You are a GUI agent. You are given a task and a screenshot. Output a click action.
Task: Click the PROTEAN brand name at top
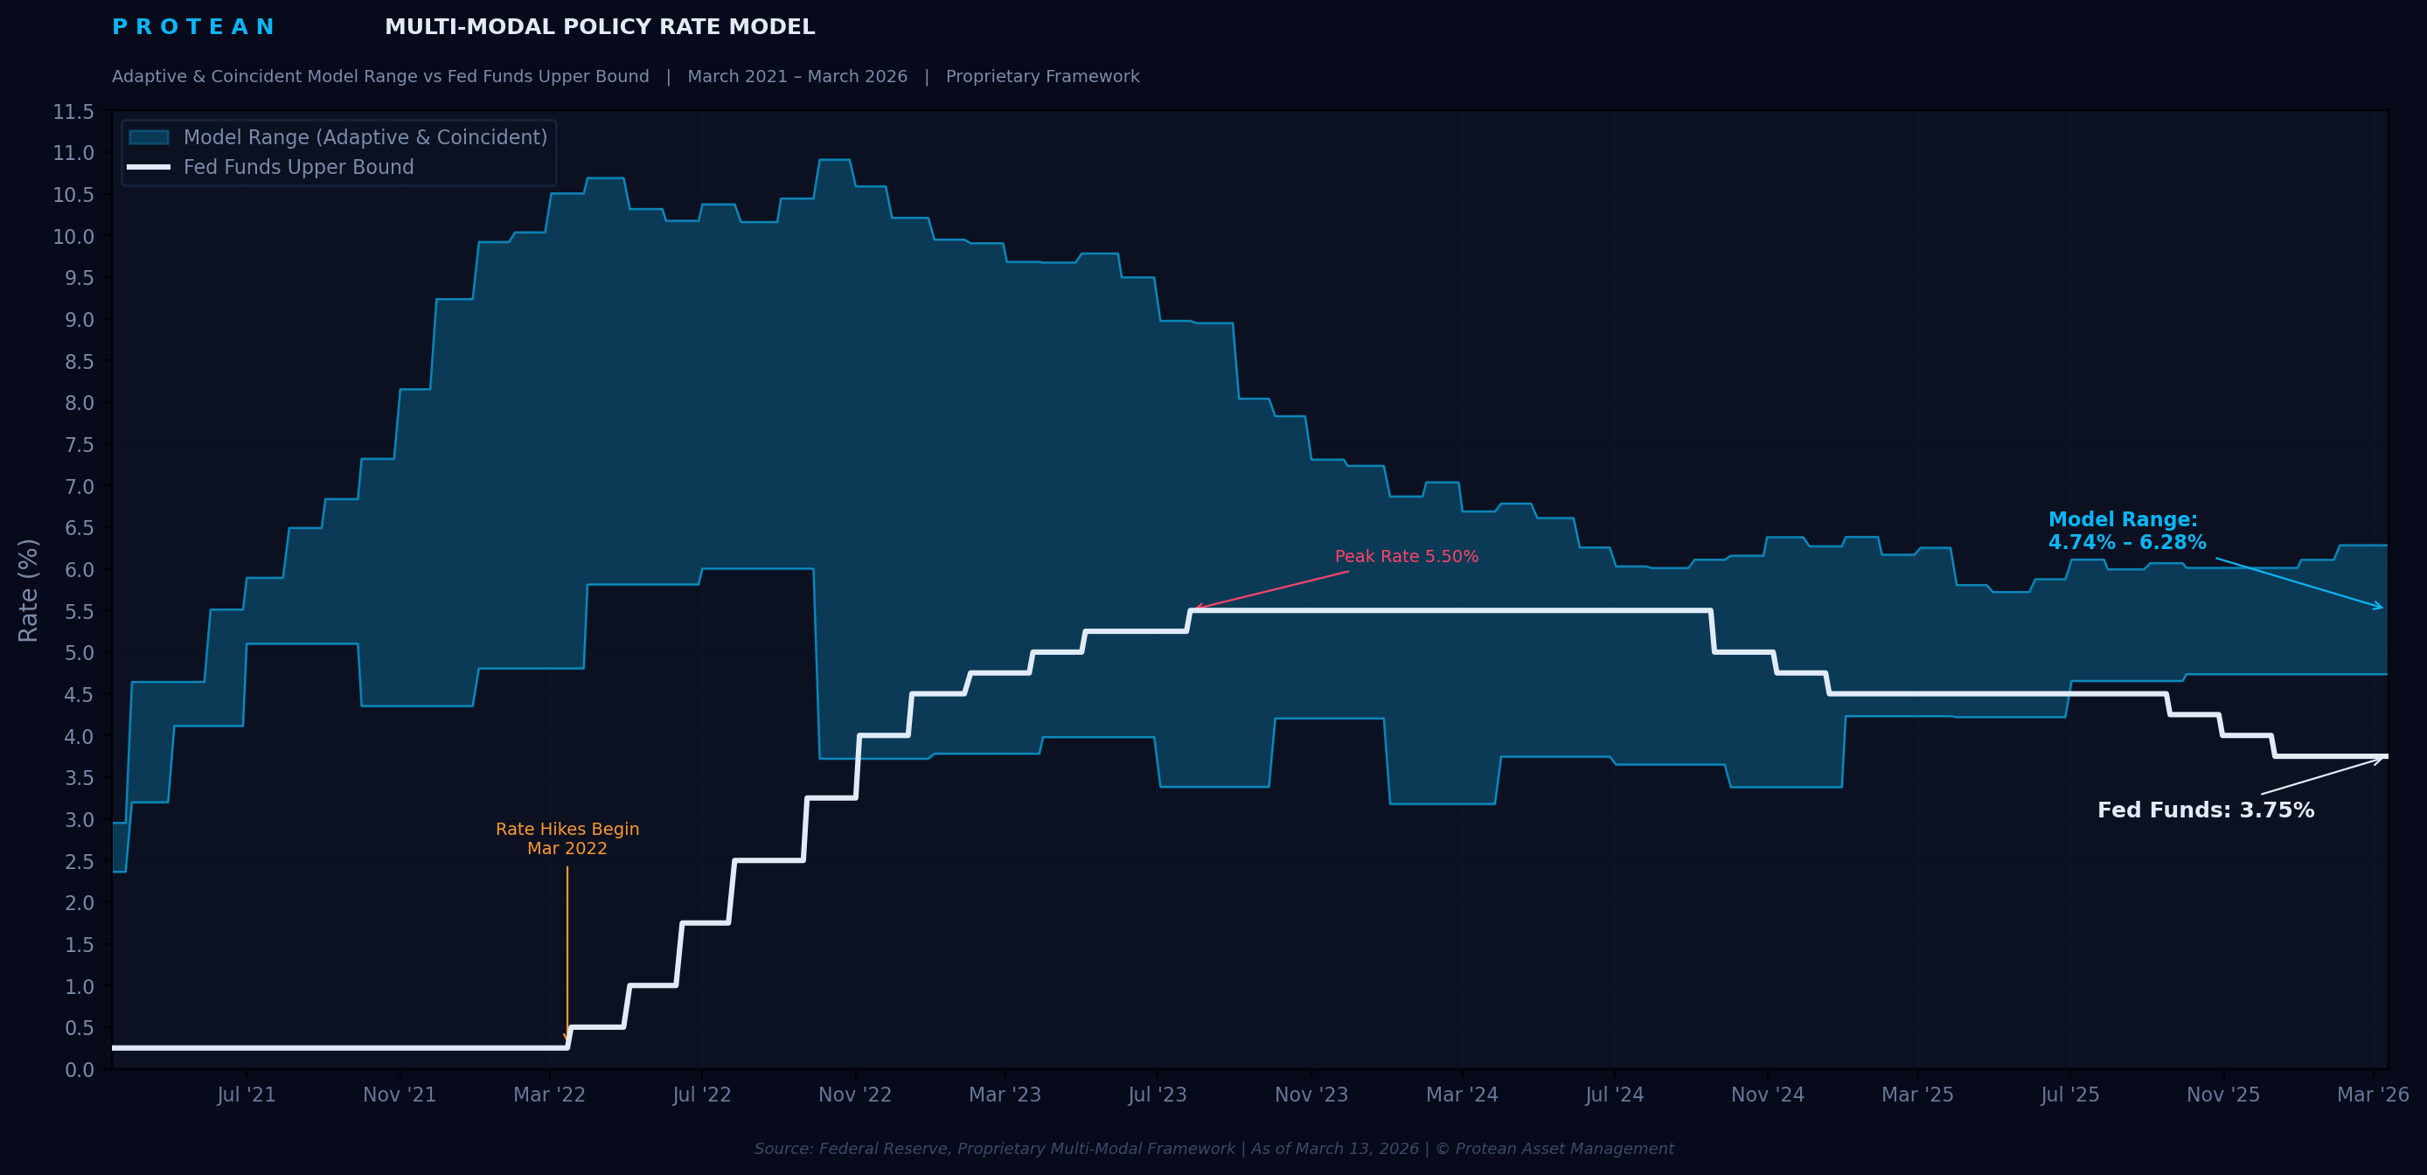point(192,27)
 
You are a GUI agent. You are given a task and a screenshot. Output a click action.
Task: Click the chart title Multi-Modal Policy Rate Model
point(599,27)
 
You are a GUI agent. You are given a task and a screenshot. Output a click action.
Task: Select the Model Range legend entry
point(365,137)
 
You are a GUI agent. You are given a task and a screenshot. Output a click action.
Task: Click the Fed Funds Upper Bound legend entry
point(298,168)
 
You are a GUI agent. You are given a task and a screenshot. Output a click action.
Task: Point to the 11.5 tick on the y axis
point(73,112)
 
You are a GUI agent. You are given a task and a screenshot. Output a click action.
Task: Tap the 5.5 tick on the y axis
point(80,611)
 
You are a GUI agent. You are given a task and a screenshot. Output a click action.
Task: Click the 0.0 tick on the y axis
point(80,1069)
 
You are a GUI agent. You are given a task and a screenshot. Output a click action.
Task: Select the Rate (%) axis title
point(28,591)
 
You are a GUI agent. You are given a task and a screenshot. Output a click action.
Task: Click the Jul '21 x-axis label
point(246,1095)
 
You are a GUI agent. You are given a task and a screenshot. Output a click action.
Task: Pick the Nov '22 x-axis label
point(854,1095)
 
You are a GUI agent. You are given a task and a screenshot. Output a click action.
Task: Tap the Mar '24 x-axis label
point(1461,1095)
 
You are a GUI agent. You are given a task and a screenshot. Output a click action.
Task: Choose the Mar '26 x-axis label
point(2372,1095)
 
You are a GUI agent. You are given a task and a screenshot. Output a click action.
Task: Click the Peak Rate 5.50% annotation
point(1406,557)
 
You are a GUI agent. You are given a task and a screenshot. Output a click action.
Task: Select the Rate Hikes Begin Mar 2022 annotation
point(567,838)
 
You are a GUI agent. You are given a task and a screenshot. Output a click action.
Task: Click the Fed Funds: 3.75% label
point(2205,810)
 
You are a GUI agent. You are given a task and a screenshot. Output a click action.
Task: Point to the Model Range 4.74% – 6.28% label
point(2125,532)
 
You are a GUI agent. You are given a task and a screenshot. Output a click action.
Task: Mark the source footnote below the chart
point(1213,1149)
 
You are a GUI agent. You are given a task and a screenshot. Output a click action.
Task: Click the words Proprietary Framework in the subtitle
point(1042,76)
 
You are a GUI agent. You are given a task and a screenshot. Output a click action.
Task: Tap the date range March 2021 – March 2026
point(797,76)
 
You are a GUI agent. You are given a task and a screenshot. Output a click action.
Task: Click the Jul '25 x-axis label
point(2070,1095)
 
